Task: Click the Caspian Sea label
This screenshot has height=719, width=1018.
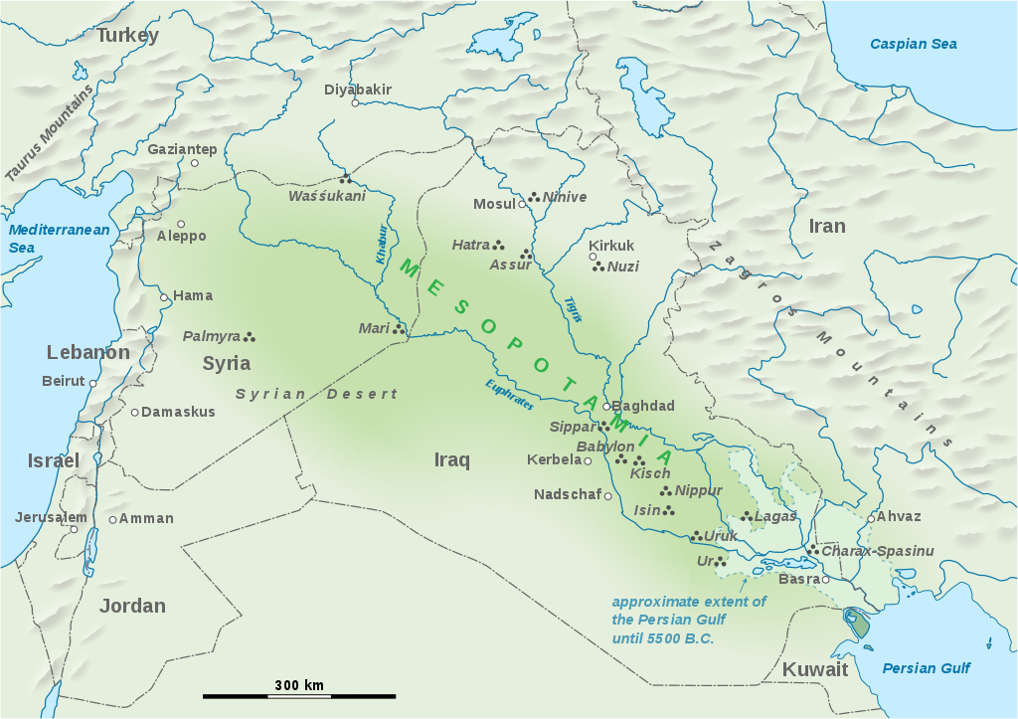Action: (x=913, y=44)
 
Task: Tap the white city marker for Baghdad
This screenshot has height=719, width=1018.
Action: (x=605, y=407)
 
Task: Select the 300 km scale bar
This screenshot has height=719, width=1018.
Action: (x=299, y=696)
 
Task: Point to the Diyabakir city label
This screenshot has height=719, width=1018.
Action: (x=358, y=90)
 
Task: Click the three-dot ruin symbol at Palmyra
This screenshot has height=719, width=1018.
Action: (x=251, y=336)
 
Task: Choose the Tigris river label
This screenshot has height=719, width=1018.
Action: (x=574, y=309)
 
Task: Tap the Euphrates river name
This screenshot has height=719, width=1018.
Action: (x=510, y=395)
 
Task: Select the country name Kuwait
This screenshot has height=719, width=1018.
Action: (x=815, y=669)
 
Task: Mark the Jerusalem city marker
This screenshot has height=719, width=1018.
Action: (x=74, y=529)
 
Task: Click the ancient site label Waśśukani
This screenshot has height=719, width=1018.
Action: (x=327, y=196)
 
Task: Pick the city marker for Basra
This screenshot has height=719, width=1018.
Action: (x=825, y=579)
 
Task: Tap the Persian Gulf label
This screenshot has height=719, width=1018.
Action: (x=927, y=668)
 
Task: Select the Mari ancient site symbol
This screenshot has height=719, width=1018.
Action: (x=400, y=328)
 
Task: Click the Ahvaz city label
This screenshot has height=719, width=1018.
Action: (x=899, y=517)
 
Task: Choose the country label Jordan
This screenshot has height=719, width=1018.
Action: (x=132, y=606)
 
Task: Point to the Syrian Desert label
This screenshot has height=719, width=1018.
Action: (x=316, y=394)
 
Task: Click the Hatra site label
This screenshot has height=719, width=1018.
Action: (x=470, y=245)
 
